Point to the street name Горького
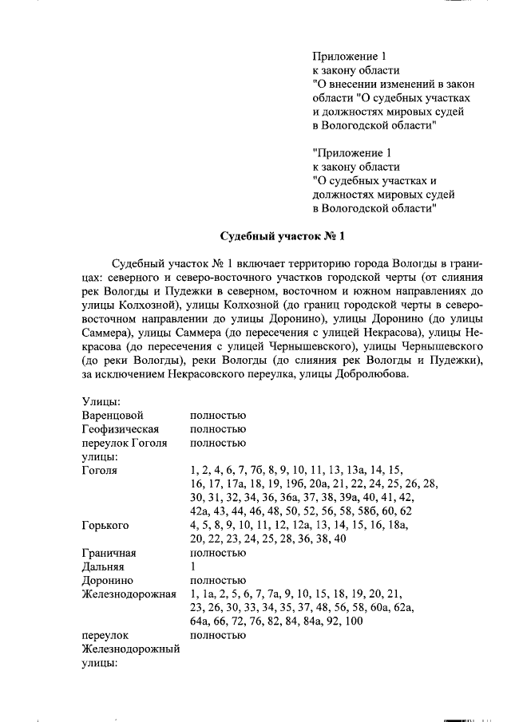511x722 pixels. [105, 525]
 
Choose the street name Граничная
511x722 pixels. [109, 553]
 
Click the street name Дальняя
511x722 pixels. [103, 566]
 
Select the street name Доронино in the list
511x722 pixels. [107, 580]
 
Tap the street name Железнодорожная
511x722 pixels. [129, 594]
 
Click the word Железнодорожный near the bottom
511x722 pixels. [130, 649]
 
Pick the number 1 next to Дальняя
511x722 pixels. [193, 566]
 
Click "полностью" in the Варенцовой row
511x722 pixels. [218, 416]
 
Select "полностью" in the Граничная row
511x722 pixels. [218, 553]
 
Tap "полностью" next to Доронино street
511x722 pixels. [218, 580]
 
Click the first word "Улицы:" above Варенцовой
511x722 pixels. [101, 402]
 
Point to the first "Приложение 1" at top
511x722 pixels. [350, 57]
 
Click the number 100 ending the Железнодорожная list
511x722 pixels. [354, 621]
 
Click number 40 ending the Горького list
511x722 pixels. [339, 539]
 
